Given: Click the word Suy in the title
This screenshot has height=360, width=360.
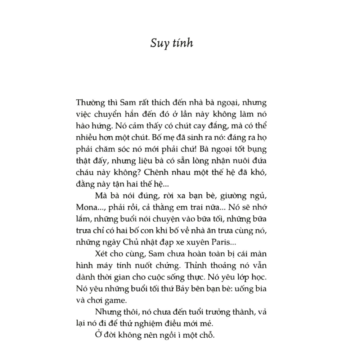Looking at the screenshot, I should click(x=158, y=44).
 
